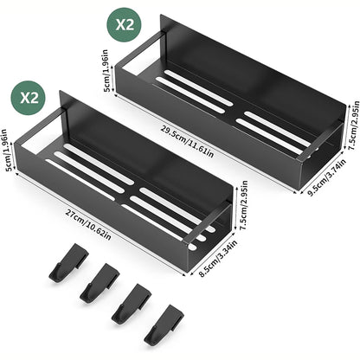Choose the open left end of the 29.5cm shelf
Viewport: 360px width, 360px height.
tap(137, 65)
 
